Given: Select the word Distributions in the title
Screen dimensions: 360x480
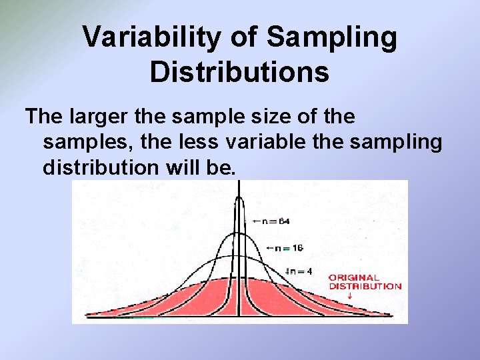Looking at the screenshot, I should coord(239,72).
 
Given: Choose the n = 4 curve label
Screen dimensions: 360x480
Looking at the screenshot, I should coord(301,271).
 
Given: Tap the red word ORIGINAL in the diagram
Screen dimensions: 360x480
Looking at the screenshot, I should coord(354,277).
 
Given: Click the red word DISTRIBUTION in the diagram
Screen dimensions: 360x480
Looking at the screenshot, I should coord(365,286).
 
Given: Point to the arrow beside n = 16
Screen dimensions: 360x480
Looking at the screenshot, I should coord(269,247).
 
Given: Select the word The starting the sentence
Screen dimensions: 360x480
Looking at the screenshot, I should coord(44,117).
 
